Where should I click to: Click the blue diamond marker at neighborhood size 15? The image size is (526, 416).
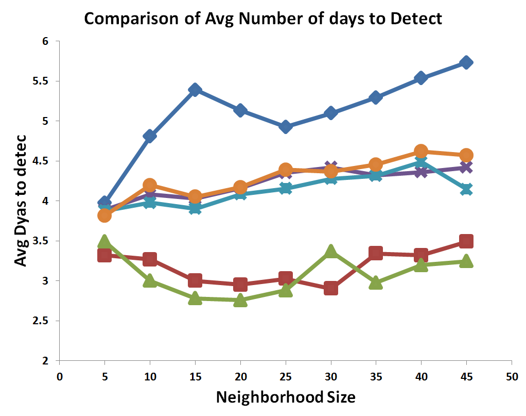[195, 90]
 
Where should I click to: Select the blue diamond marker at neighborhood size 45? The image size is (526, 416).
[466, 62]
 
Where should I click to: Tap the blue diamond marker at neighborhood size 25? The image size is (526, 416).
[286, 127]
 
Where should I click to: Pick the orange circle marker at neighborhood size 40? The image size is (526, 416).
[421, 152]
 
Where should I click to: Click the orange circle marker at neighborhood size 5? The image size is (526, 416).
[104, 215]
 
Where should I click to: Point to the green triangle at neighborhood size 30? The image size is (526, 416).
[331, 251]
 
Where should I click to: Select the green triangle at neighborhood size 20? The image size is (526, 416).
[240, 301]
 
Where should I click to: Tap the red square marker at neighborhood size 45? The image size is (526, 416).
[466, 241]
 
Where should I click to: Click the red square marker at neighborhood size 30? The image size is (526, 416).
[331, 288]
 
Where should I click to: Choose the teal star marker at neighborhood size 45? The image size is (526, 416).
[466, 190]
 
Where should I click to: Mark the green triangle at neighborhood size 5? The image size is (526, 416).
[104, 242]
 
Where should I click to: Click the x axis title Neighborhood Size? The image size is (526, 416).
[285, 397]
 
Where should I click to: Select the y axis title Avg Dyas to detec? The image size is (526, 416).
[21, 201]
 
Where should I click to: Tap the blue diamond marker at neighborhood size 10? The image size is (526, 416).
[150, 136]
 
